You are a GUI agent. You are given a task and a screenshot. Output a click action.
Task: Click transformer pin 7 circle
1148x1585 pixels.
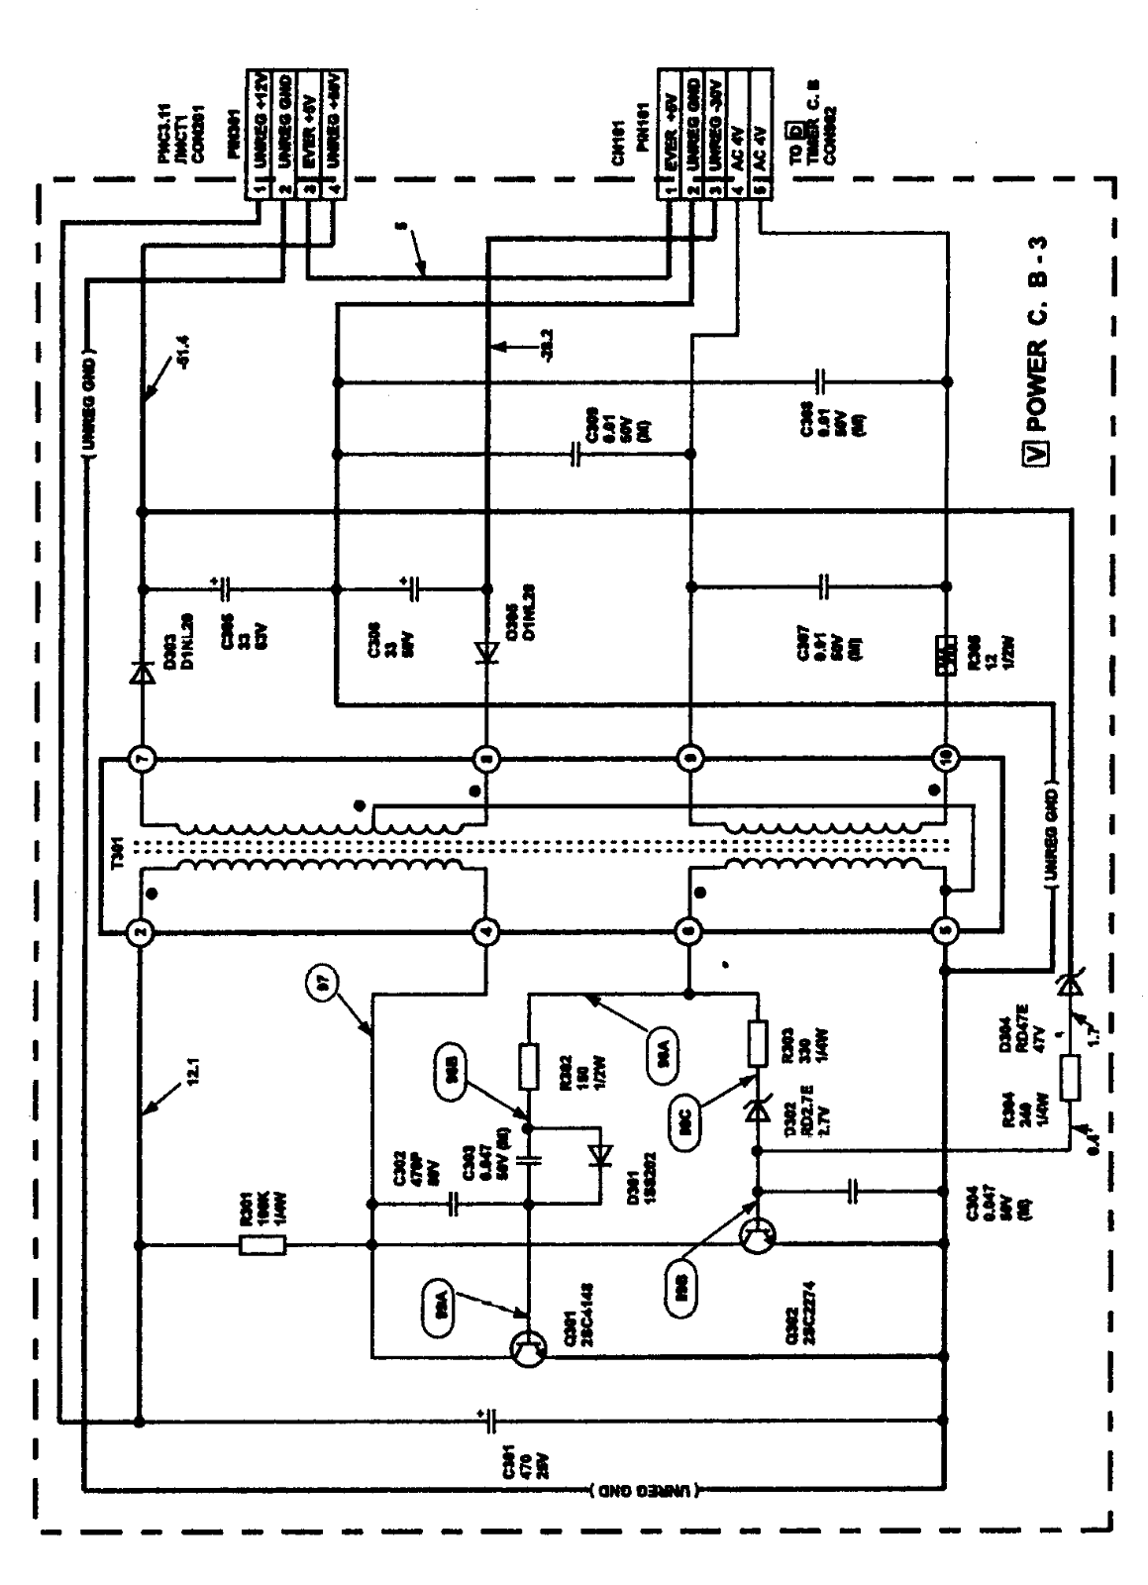tap(141, 759)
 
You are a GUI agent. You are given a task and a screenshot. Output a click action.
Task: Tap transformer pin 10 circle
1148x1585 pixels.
tap(947, 759)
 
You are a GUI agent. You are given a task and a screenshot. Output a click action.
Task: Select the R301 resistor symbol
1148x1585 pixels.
tap(263, 1244)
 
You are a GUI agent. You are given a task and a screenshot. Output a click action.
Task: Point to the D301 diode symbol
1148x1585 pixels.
tap(600, 1156)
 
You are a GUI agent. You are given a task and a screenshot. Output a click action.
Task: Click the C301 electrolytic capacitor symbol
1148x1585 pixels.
tap(489, 1422)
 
